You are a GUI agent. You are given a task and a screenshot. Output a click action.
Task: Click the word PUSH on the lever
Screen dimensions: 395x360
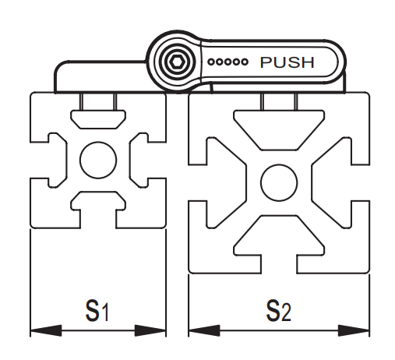pyautogui.click(x=287, y=62)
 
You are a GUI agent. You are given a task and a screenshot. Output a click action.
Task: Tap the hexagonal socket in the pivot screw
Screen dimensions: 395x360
pyautogui.click(x=176, y=62)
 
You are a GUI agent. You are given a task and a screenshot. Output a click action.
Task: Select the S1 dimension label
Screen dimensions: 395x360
pyautogui.click(x=97, y=310)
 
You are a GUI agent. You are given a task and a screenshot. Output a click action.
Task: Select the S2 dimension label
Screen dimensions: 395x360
pyautogui.click(x=279, y=310)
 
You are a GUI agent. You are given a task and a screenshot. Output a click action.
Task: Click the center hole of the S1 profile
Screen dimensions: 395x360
pyautogui.click(x=98, y=160)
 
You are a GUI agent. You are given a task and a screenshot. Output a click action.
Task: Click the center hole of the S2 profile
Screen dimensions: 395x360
pyautogui.click(x=279, y=182)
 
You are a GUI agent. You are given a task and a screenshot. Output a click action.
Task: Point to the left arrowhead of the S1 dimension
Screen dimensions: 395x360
pyautogui.click(x=46, y=330)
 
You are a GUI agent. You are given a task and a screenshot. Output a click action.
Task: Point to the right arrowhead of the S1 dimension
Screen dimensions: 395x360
pyautogui.click(x=150, y=330)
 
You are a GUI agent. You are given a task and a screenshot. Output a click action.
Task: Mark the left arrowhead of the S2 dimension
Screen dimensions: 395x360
pyautogui.click(x=204, y=330)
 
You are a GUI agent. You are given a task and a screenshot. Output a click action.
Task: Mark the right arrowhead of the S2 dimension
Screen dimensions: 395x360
pyautogui.click(x=354, y=330)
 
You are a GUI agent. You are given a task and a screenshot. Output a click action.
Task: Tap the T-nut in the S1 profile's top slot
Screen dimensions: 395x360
pyautogui.click(x=98, y=119)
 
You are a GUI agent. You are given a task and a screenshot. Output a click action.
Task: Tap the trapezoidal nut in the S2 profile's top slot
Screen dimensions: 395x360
pyautogui.click(x=279, y=130)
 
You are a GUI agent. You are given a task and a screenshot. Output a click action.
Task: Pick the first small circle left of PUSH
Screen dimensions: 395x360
pyautogui.click(x=211, y=62)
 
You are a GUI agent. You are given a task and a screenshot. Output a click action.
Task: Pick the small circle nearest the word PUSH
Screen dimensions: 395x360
pyautogui.click(x=244, y=62)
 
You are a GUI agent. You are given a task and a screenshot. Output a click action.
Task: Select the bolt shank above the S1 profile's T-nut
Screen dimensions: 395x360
pyautogui.click(x=98, y=101)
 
